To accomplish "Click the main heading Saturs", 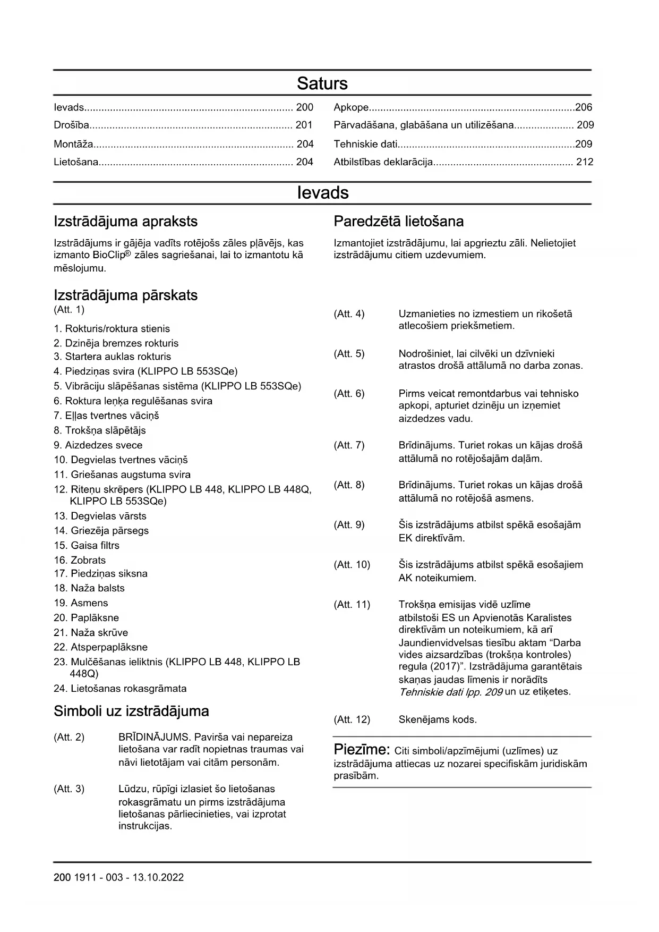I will click(322, 83).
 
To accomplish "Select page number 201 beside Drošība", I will click(304, 125).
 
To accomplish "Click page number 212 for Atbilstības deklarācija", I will click(585, 162).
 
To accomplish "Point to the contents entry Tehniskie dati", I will click(365, 144).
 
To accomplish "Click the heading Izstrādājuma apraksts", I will click(125, 222).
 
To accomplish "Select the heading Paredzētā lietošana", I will click(398, 222).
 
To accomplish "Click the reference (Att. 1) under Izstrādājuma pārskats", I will click(69, 309).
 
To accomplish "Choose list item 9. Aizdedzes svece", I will click(98, 445).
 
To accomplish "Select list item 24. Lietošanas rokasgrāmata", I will click(120, 689).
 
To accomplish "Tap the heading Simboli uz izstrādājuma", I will click(131, 711).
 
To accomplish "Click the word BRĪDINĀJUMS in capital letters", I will click(153, 737).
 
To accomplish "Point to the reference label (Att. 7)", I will click(349, 445).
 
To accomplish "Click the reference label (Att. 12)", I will click(352, 720).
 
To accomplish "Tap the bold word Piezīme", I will click(362, 750).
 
